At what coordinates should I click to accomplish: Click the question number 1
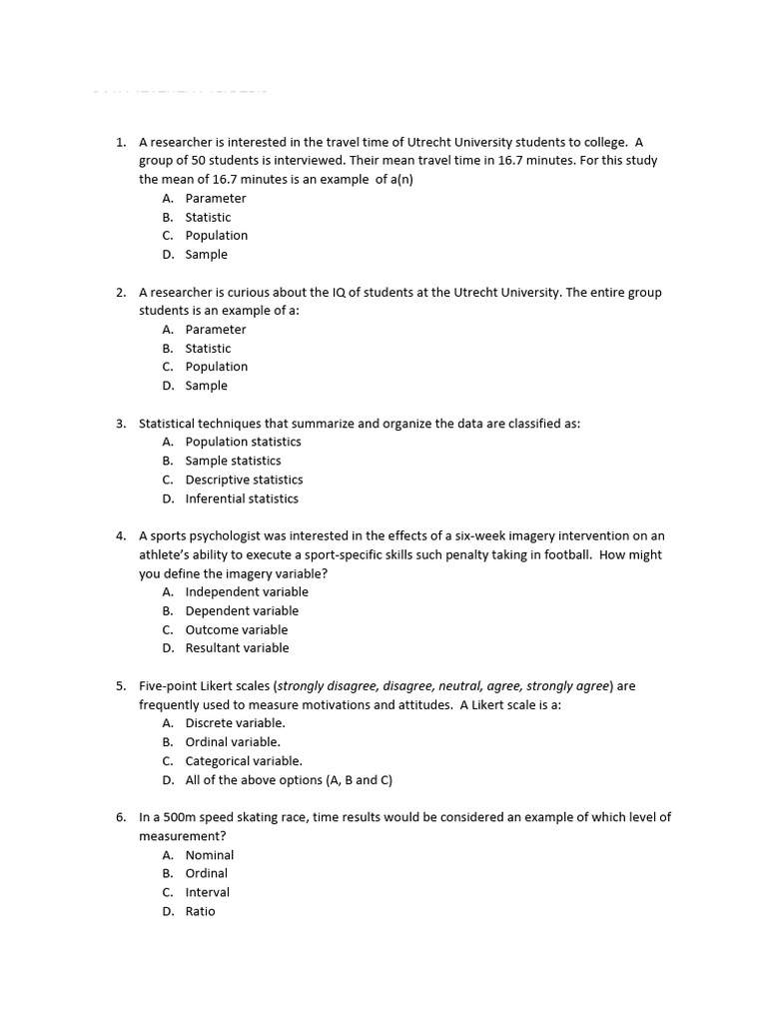pyautogui.click(x=120, y=142)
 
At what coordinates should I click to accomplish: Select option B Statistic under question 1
pyautogui.click(x=208, y=217)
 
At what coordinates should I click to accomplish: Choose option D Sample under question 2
pyautogui.click(x=206, y=386)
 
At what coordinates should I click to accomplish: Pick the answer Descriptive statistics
pyautogui.click(x=244, y=480)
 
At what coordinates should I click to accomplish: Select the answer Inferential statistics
pyautogui.click(x=242, y=499)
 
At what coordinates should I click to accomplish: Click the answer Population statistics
pyautogui.click(x=243, y=442)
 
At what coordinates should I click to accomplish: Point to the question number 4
pyautogui.click(x=120, y=536)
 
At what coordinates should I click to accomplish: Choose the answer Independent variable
pyautogui.click(x=247, y=591)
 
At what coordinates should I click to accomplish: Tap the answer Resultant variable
pyautogui.click(x=237, y=648)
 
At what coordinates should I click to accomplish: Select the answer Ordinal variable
pyautogui.click(x=233, y=742)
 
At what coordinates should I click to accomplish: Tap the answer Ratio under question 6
pyautogui.click(x=200, y=911)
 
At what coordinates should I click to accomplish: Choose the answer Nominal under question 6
pyautogui.click(x=210, y=855)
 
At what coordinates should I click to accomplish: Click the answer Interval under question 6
pyautogui.click(x=207, y=892)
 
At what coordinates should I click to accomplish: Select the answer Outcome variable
pyautogui.click(x=236, y=629)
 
